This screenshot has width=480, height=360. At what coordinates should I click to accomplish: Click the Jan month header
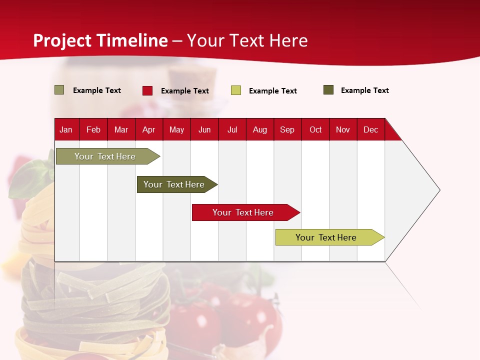[x=66, y=129]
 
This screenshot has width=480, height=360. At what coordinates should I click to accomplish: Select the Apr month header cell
[x=149, y=129]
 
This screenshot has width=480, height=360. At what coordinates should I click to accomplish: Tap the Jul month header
[x=232, y=129]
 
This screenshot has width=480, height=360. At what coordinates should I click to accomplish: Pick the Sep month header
[x=287, y=129]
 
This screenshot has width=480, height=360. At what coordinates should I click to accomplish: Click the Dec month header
[x=370, y=129]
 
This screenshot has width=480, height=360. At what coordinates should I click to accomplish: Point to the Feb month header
[x=93, y=129]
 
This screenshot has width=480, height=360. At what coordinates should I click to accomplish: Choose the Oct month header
[x=315, y=129]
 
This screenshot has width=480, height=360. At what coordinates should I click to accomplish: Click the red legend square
[x=147, y=90]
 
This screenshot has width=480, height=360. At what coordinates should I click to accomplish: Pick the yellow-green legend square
[x=236, y=90]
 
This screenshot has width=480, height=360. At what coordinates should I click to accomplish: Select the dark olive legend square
[x=328, y=90]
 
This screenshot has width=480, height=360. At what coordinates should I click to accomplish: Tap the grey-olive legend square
[x=59, y=90]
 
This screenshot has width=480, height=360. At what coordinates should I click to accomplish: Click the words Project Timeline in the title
[x=100, y=40]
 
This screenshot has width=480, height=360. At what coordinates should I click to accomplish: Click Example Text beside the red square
[x=185, y=91]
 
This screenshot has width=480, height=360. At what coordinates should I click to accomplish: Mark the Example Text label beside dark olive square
[x=365, y=90]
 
